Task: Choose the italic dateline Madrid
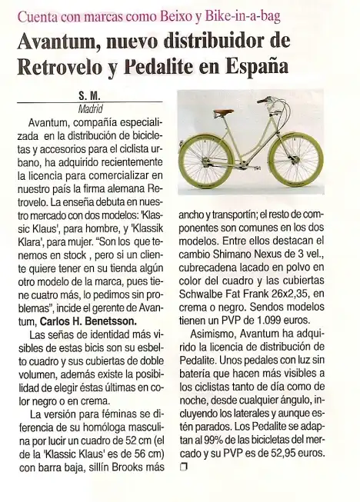(x=91, y=108)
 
